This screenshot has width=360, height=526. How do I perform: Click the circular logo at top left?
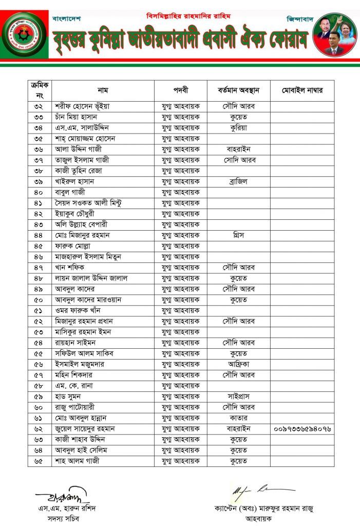(x=24, y=34)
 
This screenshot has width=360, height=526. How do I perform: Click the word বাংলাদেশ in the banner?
(x=66, y=18)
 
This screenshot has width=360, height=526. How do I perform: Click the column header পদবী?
(x=181, y=90)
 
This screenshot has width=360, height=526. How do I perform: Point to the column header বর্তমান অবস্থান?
(x=239, y=90)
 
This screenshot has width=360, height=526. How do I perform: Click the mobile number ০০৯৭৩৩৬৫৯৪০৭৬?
(x=302, y=428)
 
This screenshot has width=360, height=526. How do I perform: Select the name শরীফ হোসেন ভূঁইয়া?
(x=83, y=106)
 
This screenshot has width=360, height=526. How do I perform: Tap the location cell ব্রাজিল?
(x=239, y=181)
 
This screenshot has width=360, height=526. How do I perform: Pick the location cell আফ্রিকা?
(x=239, y=364)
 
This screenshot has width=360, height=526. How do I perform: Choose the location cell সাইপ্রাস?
(x=239, y=396)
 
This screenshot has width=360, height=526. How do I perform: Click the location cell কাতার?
(x=239, y=418)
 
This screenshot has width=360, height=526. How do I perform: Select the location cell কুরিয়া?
(x=239, y=128)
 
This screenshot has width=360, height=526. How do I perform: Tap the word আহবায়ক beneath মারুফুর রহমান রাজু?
(x=264, y=519)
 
